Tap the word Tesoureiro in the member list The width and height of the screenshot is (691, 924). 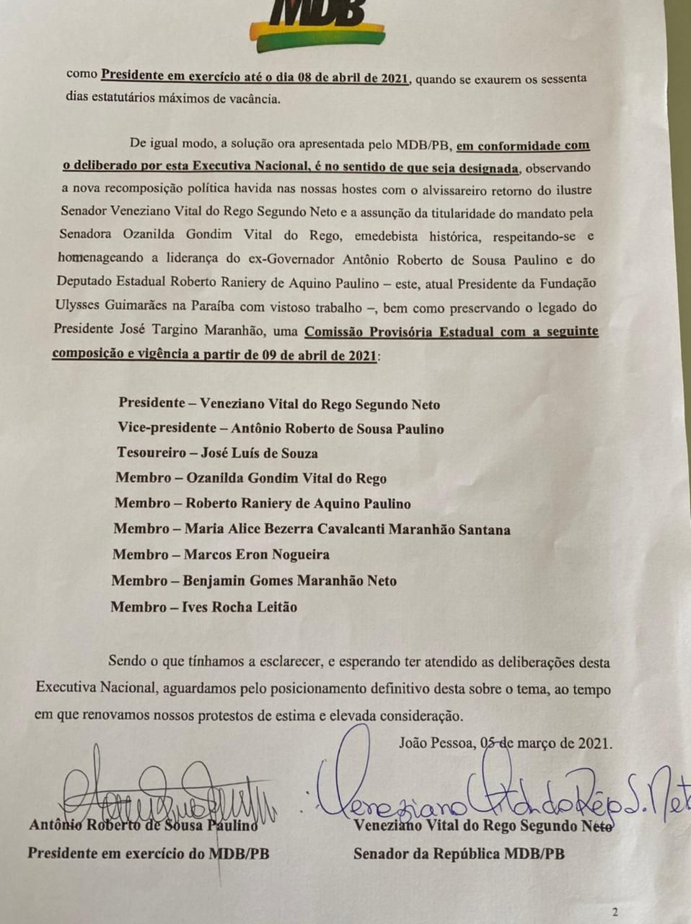tap(150, 453)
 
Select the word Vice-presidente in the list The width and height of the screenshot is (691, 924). tap(166, 428)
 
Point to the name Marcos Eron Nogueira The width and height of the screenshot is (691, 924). tap(256, 554)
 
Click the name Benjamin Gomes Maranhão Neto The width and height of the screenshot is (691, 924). tap(289, 580)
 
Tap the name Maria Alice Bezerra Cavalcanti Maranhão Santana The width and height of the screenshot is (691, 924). tap(347, 529)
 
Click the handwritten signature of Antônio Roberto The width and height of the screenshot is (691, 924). tap(166, 794)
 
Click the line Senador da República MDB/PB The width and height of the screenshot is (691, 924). tap(459, 854)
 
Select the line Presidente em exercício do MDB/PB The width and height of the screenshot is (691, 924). tap(149, 853)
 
